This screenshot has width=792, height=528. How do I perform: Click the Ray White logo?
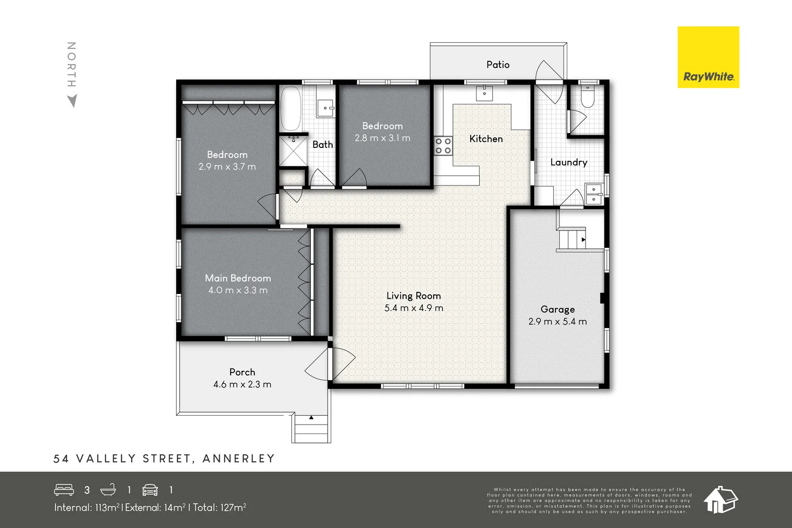tap(708, 57)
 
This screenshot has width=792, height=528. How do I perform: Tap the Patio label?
tap(497, 65)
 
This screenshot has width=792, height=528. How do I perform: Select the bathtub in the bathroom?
tap(291, 108)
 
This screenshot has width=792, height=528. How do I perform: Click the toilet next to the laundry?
tap(587, 97)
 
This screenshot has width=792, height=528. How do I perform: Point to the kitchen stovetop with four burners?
tap(443, 146)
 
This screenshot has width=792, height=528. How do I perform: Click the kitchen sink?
tap(484, 93)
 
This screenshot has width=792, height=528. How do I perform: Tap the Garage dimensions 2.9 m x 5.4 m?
tap(557, 322)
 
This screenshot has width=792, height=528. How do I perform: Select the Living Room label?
tap(413, 296)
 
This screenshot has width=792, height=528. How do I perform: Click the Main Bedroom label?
tap(238, 278)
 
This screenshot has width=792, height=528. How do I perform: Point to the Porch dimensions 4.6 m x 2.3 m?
tap(242, 384)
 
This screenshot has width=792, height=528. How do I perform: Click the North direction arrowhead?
tap(72, 101)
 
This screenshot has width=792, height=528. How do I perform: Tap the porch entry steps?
tap(311, 429)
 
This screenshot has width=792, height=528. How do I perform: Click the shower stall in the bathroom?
tap(293, 151)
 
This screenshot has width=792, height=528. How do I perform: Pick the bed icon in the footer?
tap(64, 490)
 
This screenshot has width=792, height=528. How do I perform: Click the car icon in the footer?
tap(150, 490)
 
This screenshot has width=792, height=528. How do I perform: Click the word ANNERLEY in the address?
tap(239, 459)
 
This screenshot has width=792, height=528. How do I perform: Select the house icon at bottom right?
tap(721, 499)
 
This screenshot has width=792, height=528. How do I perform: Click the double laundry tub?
tap(594, 194)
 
